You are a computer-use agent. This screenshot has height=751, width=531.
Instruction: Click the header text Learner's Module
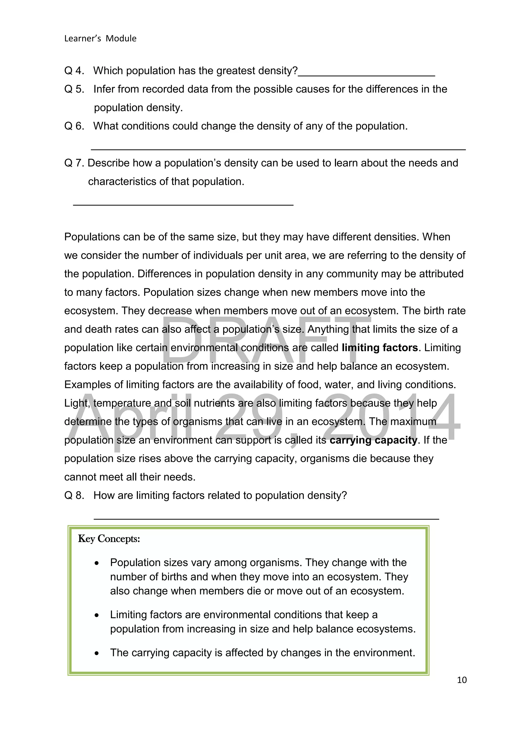point(100,39)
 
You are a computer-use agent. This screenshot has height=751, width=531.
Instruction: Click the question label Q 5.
point(74,89)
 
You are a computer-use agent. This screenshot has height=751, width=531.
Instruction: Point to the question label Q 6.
point(74,126)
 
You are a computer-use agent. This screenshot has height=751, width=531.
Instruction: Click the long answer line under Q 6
point(278,149)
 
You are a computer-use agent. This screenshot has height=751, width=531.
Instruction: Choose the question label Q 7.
point(74,163)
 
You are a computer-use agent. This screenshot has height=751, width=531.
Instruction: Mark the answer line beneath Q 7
point(183,205)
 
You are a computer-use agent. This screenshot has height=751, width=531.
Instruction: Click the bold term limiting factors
point(380,347)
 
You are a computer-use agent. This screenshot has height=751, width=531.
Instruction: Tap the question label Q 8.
point(74,495)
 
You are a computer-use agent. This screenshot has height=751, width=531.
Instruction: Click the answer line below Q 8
point(266,518)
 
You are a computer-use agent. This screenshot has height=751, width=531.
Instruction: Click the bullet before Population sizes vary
point(96,563)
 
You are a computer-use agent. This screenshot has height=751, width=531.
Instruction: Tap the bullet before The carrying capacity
point(96,653)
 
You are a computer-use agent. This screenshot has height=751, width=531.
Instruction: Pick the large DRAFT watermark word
point(265,337)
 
